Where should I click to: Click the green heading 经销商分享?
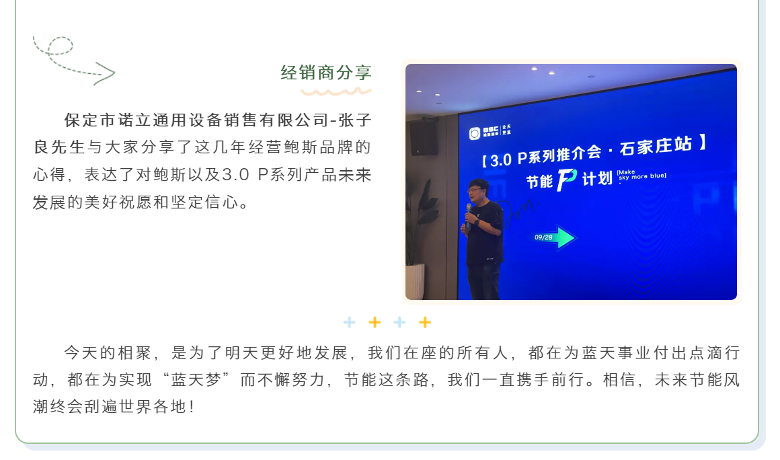(326, 73)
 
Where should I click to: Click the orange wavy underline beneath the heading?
(336, 91)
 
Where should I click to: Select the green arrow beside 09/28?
(566, 237)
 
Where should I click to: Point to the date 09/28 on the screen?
(543, 237)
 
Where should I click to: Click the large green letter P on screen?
(567, 180)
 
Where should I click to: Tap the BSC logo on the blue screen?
(490, 132)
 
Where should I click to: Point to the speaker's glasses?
(475, 190)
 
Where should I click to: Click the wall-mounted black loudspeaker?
(424, 138)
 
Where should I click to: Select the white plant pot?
(415, 282)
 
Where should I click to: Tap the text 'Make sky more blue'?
(641, 175)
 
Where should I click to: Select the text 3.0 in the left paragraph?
(235, 175)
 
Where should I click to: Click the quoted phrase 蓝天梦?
(196, 380)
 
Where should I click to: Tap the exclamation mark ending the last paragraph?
(192, 407)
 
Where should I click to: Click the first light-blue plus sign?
(349, 322)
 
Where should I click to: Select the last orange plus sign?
(425, 322)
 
